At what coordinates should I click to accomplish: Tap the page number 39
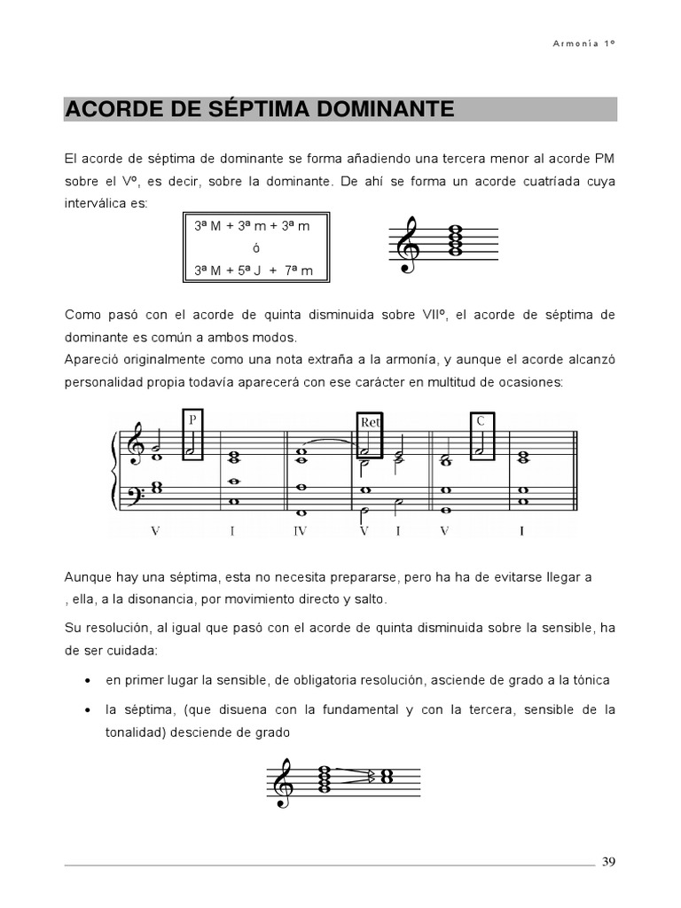[x=608, y=862]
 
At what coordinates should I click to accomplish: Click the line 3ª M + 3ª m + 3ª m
[x=254, y=226]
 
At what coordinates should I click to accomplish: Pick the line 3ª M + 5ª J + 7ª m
[x=254, y=270]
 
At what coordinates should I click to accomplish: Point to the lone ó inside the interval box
[x=255, y=248]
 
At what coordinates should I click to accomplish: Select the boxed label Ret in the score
[x=370, y=423]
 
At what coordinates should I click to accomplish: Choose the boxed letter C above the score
[x=480, y=421]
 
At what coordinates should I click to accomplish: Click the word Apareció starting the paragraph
[x=90, y=360]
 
